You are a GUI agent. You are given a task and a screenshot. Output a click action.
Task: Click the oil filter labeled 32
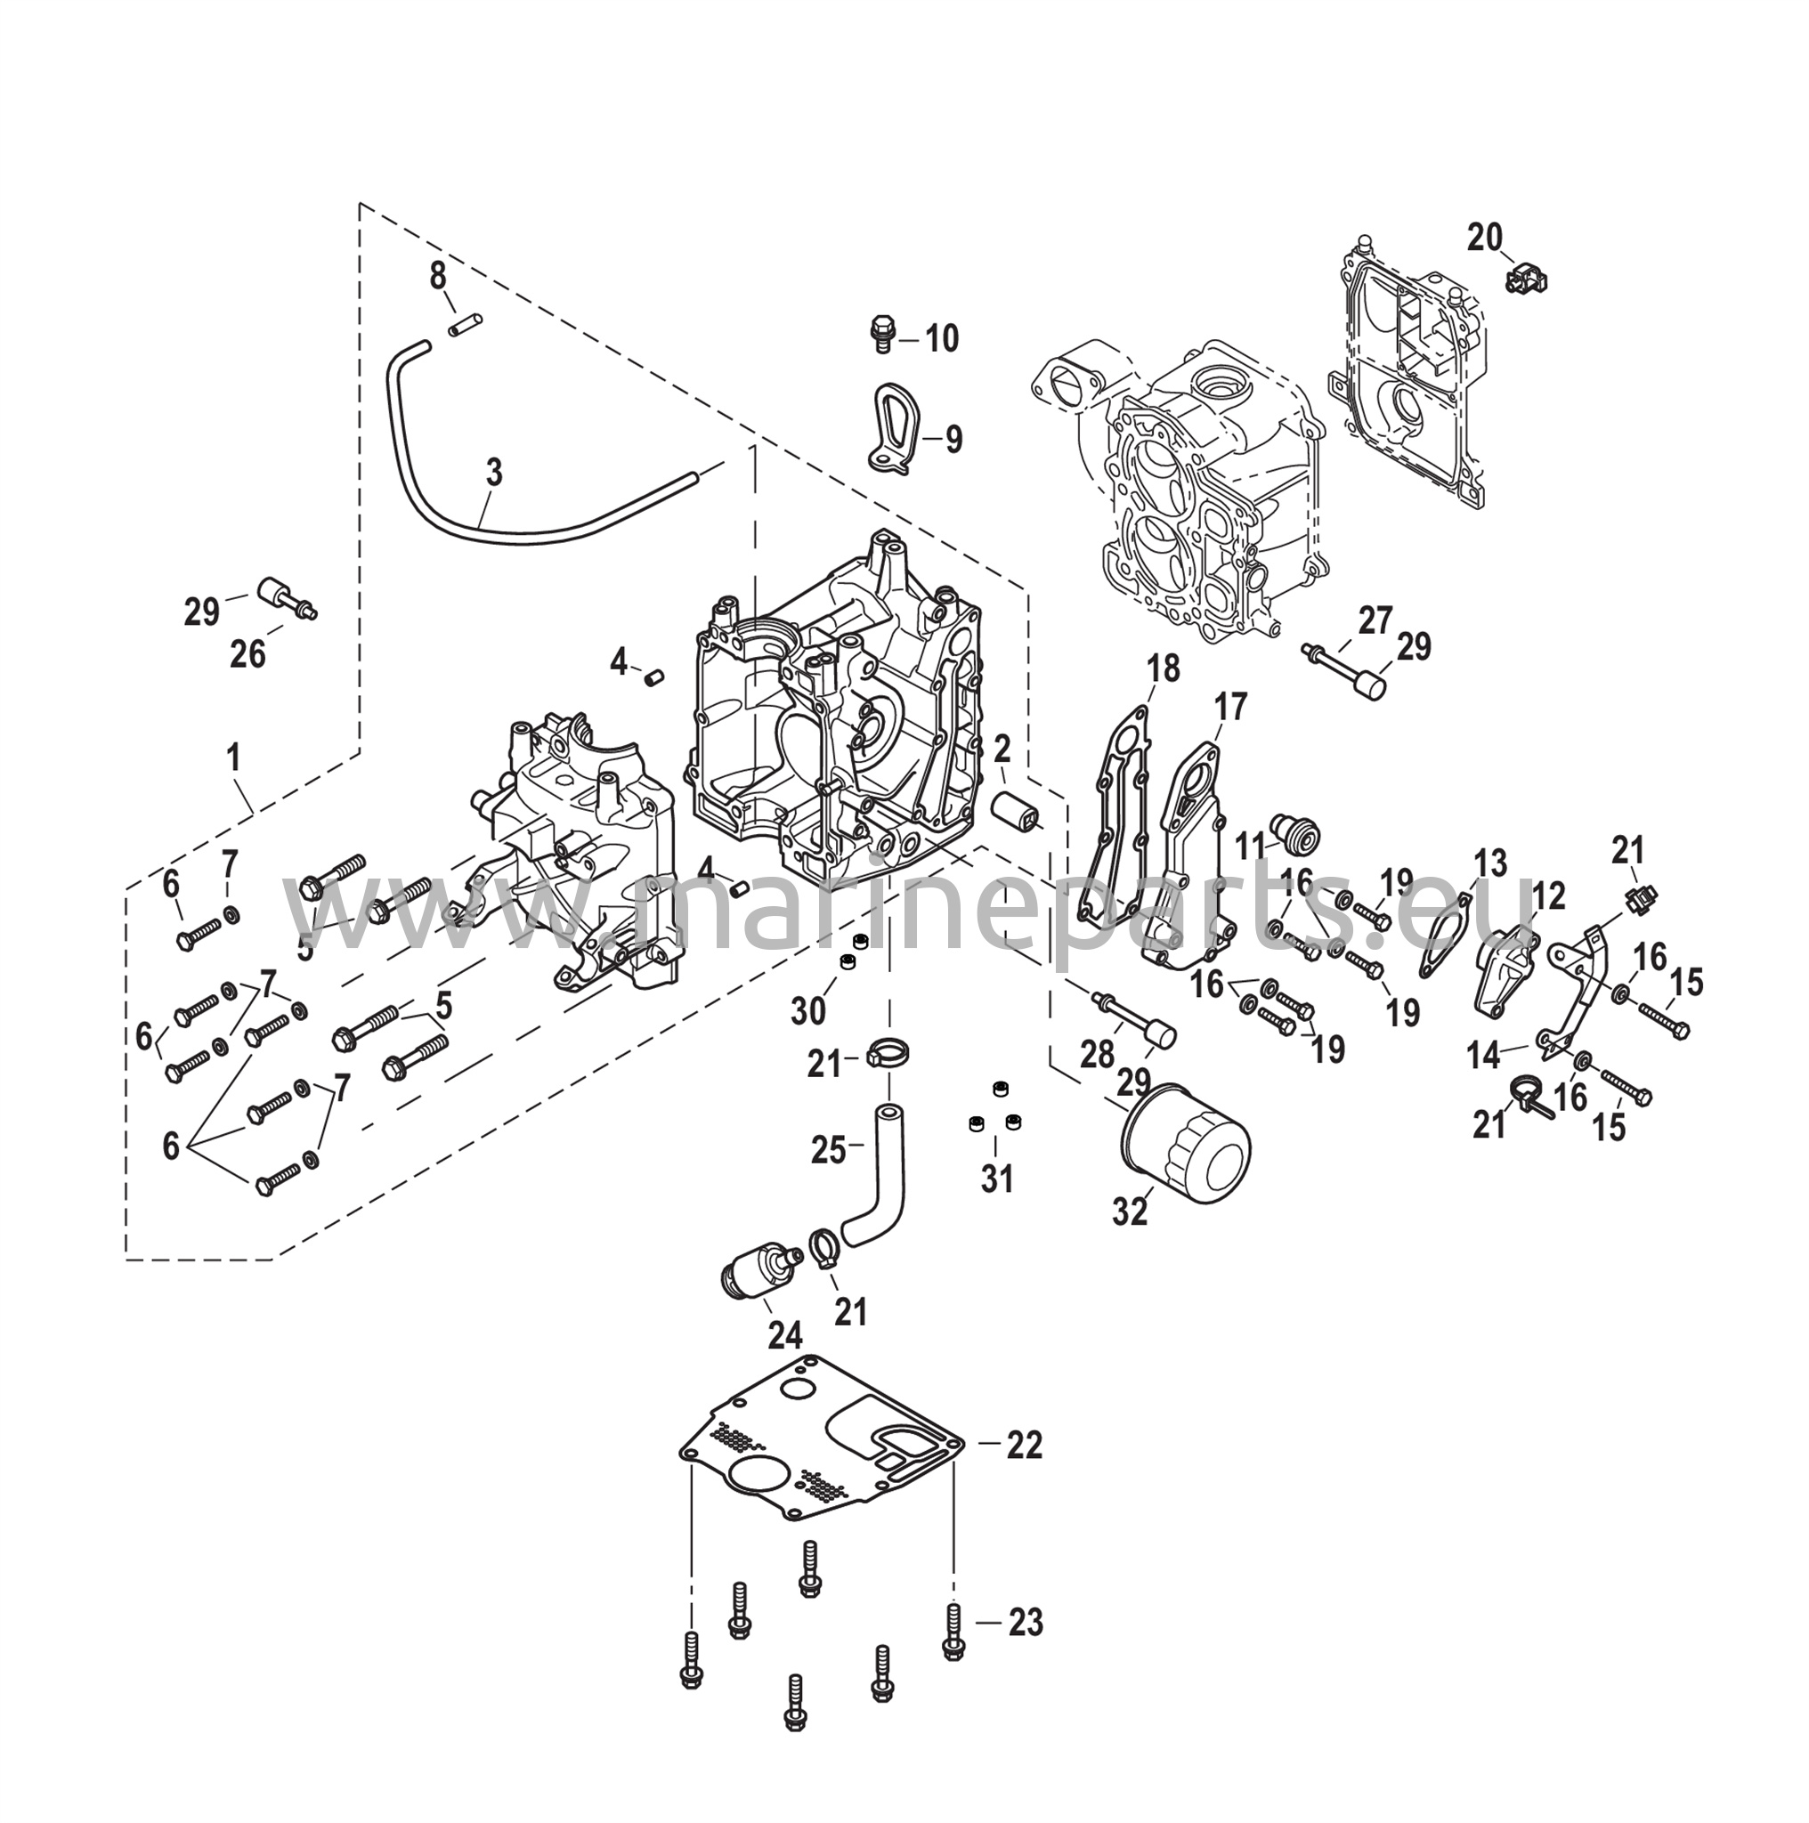click(1185, 1144)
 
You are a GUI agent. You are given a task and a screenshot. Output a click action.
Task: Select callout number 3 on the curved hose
click(495, 473)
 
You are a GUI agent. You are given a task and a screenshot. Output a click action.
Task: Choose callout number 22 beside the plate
click(1023, 1471)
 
